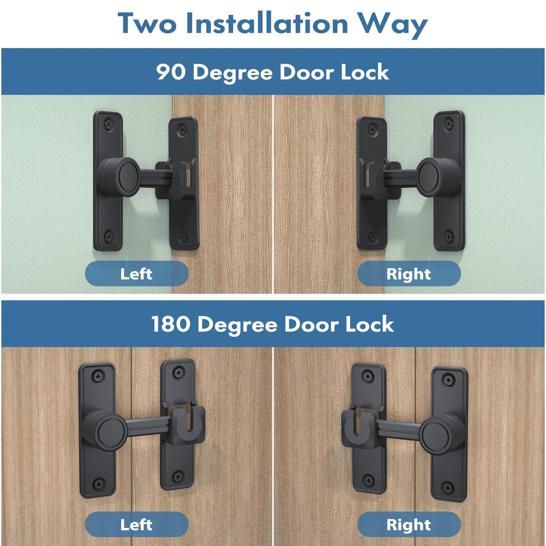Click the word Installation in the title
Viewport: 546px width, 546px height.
click(x=267, y=23)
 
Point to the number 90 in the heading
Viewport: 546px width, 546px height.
click(x=171, y=72)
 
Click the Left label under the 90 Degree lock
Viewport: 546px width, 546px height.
click(x=136, y=274)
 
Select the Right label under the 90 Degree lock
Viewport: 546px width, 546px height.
click(x=409, y=274)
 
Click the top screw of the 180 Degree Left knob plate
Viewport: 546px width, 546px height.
click(x=97, y=377)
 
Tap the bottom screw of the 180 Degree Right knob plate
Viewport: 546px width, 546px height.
click(x=448, y=487)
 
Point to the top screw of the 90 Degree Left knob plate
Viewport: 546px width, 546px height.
click(x=108, y=123)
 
